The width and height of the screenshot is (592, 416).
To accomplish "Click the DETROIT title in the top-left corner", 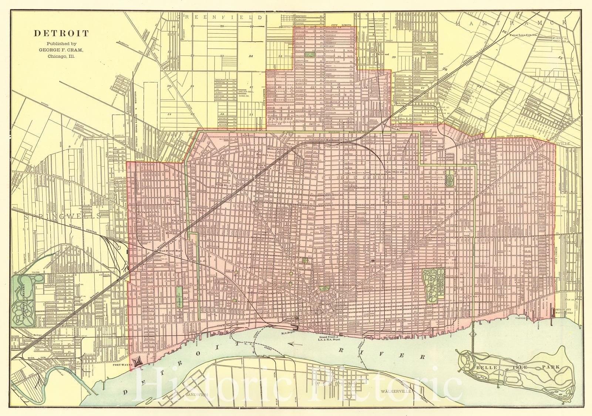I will (x=61, y=33).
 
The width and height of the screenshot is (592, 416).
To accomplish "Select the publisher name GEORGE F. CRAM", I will (x=61, y=50).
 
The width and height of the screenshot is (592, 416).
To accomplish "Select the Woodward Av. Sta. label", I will (x=338, y=140).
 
